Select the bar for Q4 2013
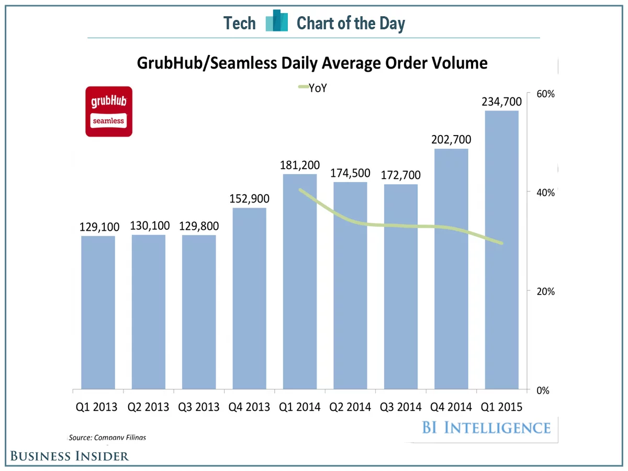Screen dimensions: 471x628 coord(249,298)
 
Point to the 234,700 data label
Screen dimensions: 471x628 coord(502,102)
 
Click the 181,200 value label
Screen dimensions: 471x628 coord(300,165)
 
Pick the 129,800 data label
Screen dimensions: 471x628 coord(199,227)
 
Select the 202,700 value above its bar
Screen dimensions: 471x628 coord(451,140)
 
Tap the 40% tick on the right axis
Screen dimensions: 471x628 coord(544,192)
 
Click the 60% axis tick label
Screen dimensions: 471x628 coord(544,94)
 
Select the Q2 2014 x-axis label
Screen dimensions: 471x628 coord(351,407)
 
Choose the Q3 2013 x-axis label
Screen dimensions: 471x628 coord(199,407)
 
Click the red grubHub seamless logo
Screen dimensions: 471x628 coord(109,113)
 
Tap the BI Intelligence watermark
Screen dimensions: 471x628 coord(486,428)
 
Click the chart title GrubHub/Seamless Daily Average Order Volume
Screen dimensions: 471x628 coord(312,63)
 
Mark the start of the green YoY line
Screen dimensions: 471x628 coord(300,190)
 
